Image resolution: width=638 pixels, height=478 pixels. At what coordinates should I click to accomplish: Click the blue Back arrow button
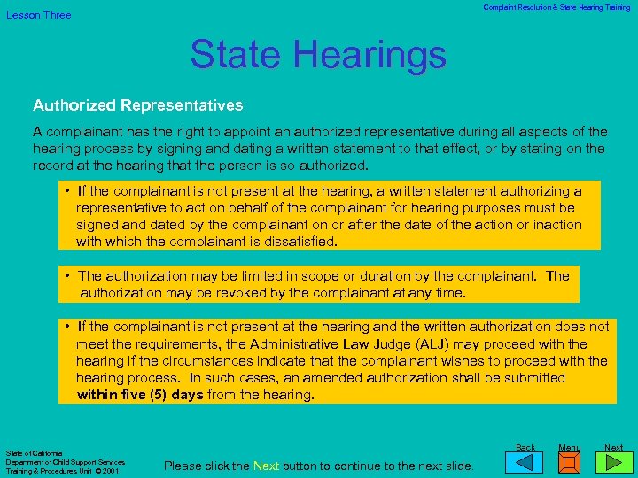[x=525, y=463]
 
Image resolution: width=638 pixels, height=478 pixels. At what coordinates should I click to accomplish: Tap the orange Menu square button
[x=570, y=463]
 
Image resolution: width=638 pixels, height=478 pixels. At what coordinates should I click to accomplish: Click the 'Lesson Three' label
[x=39, y=15]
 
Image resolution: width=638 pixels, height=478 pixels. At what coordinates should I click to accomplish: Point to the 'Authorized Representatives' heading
[x=137, y=105]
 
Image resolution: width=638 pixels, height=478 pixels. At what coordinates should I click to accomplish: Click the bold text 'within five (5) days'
[x=140, y=395]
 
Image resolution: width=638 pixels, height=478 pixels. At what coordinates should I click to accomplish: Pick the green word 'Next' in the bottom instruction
[x=266, y=466]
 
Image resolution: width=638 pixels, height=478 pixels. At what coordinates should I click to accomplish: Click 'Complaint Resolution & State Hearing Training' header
[x=556, y=7]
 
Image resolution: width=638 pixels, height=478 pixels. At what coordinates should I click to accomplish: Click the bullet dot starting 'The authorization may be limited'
[x=68, y=276]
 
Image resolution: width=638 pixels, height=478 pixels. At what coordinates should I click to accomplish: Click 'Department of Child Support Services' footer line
[x=65, y=462]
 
